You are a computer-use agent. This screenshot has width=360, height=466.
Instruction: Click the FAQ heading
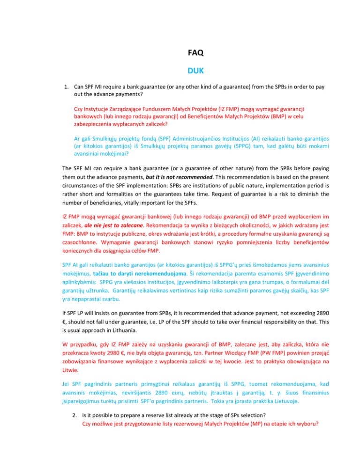pos(180,54)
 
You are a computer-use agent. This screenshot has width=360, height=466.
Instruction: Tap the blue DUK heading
pos(180,72)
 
